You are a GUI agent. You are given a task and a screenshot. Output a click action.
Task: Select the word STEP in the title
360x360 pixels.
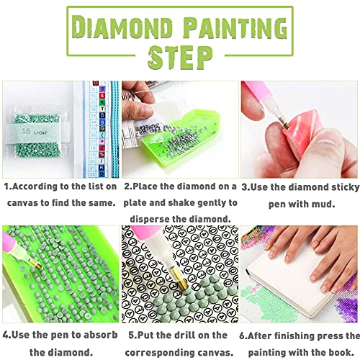pos(180,56)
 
